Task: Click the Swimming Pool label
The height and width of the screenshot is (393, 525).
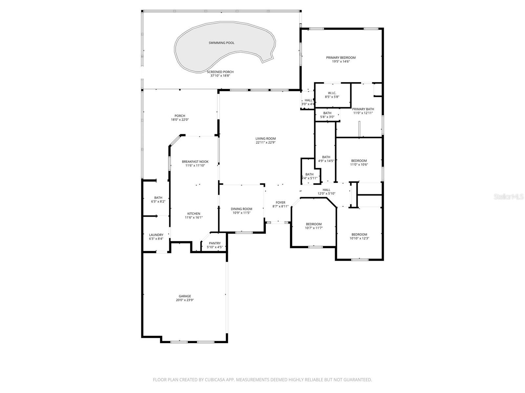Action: coord(221,43)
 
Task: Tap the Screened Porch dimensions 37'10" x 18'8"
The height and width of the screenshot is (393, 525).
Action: coord(220,76)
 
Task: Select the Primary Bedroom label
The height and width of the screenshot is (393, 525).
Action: coord(341,58)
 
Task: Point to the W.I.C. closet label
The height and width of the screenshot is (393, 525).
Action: coord(332,93)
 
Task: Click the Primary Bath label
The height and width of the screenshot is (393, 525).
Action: coord(363,109)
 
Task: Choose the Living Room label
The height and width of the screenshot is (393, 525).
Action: coord(265,139)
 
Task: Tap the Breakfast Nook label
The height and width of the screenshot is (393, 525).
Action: coord(195,162)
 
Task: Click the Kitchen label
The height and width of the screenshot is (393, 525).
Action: coord(194,214)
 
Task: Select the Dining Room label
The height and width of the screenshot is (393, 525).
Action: coord(241,209)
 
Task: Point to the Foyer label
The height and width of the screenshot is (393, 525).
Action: coord(281,203)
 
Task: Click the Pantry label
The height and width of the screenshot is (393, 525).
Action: coord(215,243)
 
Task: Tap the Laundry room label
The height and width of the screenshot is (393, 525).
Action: coord(156,235)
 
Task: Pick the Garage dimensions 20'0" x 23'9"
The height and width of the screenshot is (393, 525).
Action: coord(185,300)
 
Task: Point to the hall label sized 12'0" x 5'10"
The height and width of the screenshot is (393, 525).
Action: coord(326,190)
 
